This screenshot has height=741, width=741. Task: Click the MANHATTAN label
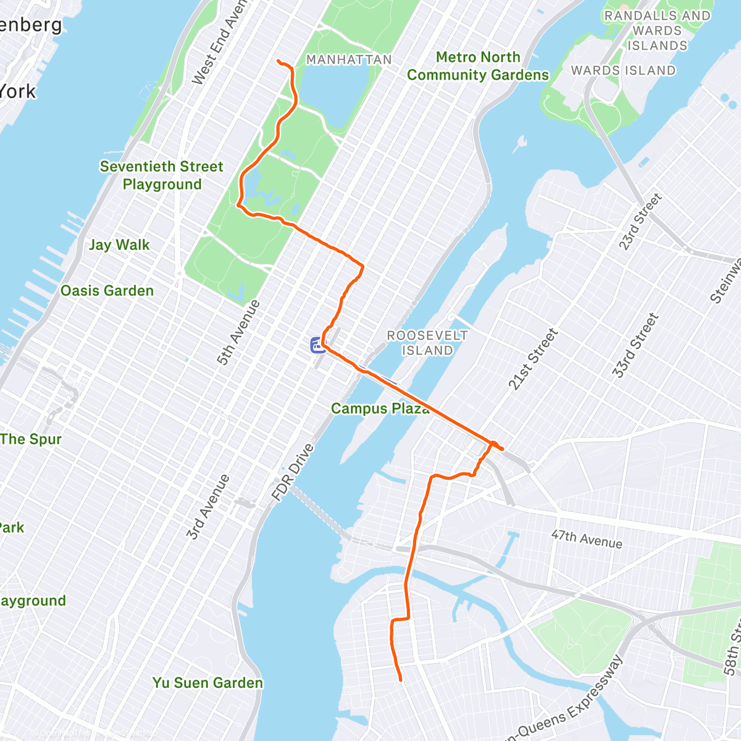[349, 60]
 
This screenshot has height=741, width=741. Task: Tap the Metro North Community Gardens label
[477, 66]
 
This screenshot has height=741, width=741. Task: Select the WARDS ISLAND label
[623, 70]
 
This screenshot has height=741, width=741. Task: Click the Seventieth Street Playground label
[161, 175]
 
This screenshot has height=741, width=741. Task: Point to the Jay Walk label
[119, 245]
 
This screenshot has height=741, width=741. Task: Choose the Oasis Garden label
[107, 291]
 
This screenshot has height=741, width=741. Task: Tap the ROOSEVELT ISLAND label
[427, 343]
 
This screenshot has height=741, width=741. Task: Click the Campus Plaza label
[380, 408]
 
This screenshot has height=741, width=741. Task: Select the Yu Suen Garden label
[207, 683]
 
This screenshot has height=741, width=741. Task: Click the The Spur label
[31, 440]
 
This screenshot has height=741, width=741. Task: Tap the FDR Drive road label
[293, 472]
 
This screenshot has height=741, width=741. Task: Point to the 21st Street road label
[533, 359]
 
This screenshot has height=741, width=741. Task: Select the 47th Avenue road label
[587, 538]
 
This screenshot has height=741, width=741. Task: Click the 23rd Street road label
[640, 222]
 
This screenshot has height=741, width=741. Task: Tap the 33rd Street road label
[635, 346]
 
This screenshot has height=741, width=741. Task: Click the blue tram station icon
[318, 345]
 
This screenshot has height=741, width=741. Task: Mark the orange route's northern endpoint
[278, 61]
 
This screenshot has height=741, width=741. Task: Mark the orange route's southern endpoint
[401, 680]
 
